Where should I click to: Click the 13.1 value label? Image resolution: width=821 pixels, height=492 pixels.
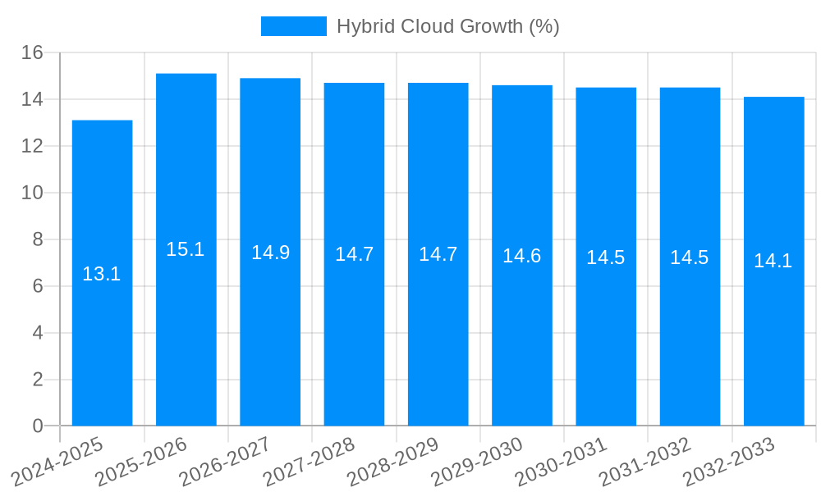click(102, 275)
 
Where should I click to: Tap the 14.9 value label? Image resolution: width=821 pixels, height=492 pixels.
click(270, 253)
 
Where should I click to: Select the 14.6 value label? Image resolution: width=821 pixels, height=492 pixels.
click(522, 256)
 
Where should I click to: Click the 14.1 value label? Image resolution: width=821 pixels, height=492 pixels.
click(773, 262)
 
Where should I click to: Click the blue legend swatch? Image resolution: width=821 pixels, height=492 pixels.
click(294, 26)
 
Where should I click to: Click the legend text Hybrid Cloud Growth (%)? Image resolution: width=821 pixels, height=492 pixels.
click(448, 26)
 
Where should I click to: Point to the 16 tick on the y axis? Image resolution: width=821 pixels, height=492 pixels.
click(33, 53)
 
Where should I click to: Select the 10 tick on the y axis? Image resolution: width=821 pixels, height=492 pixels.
click(33, 194)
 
